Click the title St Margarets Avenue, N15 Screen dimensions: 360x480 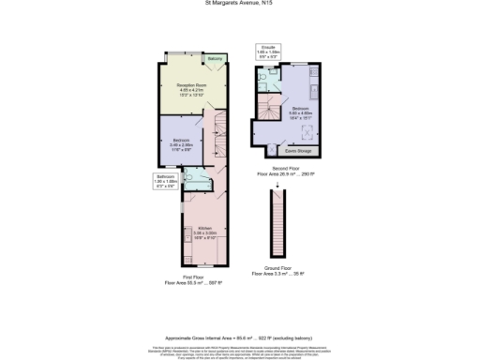click(240, 3)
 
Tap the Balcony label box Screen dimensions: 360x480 click(216, 61)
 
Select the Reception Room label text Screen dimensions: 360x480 click(191, 90)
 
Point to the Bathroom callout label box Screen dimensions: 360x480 click(166, 181)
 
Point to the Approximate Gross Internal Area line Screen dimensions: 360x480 click(239, 310)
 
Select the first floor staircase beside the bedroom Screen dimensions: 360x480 click(219, 135)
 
